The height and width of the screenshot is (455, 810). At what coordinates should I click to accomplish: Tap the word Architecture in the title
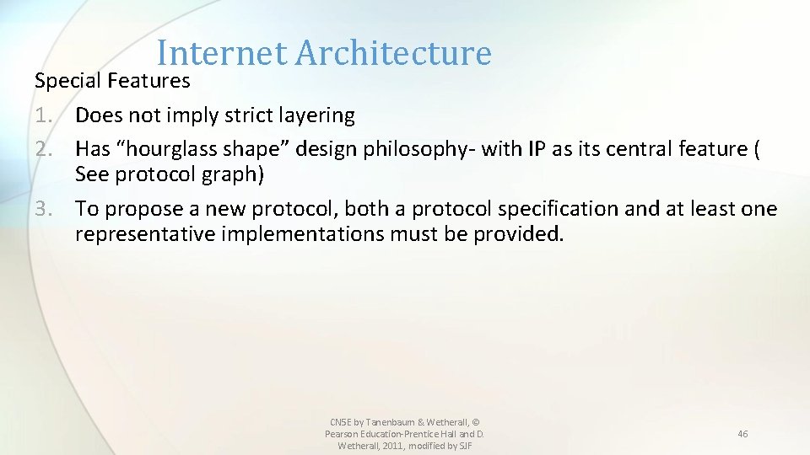click(x=392, y=53)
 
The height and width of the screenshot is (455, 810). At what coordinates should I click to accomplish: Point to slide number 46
click(x=742, y=434)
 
